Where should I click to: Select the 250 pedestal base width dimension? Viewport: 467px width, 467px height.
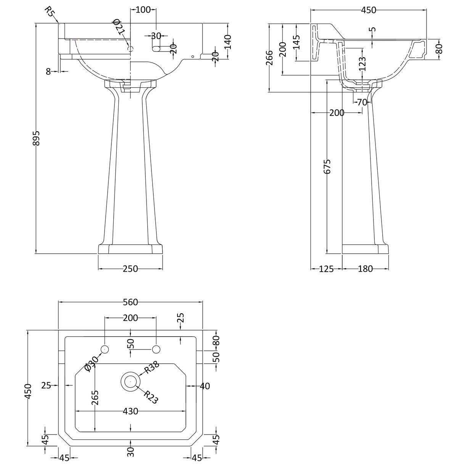coord(130,269)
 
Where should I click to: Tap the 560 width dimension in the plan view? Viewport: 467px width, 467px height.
coord(130,302)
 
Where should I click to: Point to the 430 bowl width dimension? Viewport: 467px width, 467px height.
coord(130,411)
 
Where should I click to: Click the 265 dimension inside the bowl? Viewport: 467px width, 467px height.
coord(95,399)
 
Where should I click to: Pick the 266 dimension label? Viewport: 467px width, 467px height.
coord(270,58)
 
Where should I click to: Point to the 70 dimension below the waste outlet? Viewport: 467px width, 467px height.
coord(362,102)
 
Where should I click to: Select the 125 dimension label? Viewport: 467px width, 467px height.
coord(326,269)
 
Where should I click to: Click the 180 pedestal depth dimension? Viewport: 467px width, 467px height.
coord(365,269)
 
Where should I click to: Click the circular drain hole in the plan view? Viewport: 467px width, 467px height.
coord(130,381)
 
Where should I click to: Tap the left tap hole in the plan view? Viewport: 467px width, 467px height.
coord(105,349)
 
